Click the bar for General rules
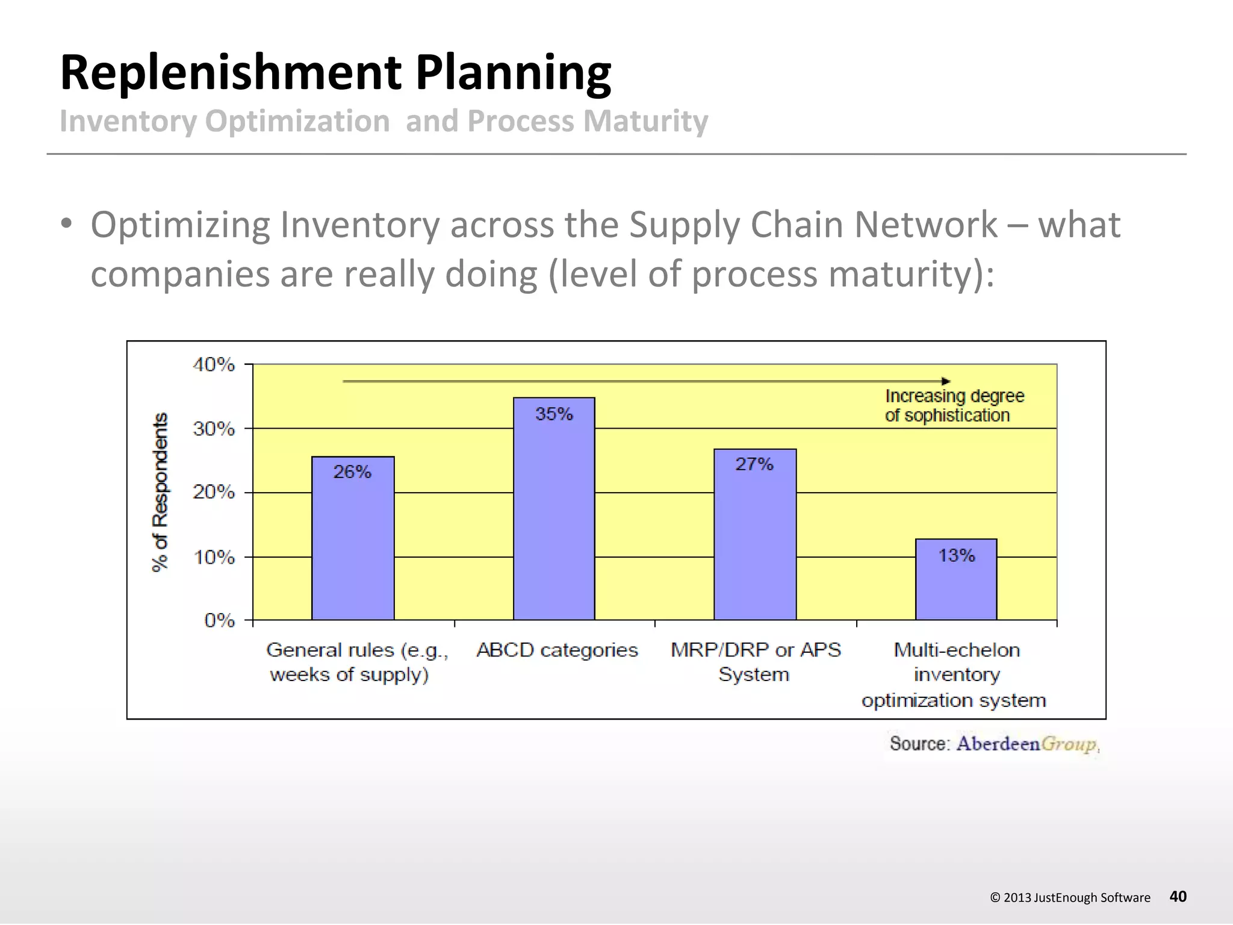353,542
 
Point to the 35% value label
554,414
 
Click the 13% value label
956,555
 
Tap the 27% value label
754,464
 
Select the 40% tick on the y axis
214,364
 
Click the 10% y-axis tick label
214,557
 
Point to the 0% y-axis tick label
219,620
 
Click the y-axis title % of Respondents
160,492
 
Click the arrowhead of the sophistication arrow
946,381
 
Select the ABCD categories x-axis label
557,650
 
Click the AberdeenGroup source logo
1027,744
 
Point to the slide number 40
1178,897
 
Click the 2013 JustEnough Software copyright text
1070,897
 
